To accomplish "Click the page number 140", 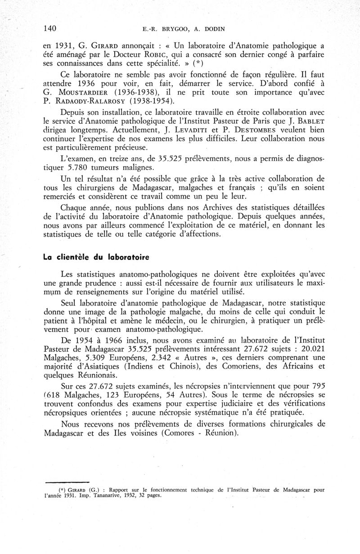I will pyautogui.click(x=50, y=29).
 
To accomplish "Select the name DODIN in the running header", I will pyautogui.click(x=212, y=29).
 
